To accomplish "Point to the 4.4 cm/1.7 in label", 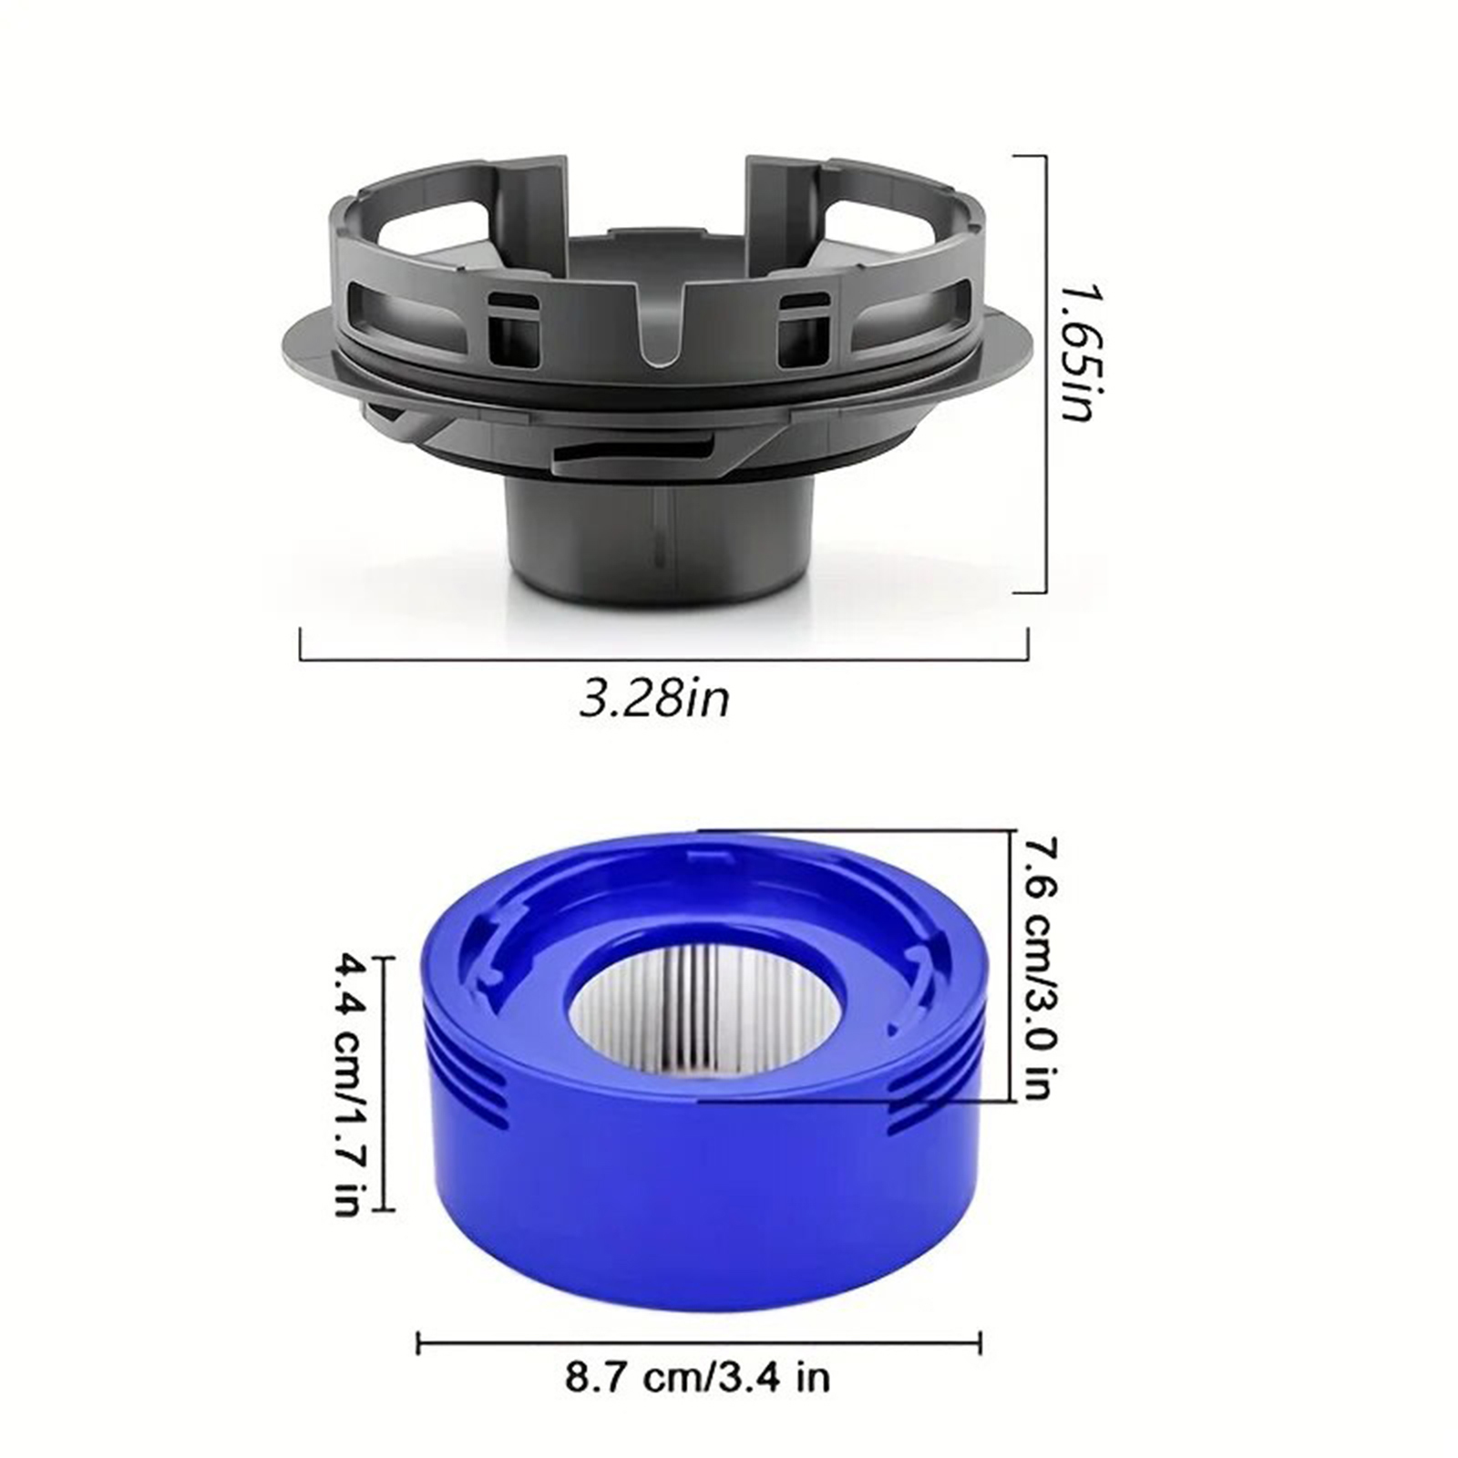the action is click(x=349, y=1083).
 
